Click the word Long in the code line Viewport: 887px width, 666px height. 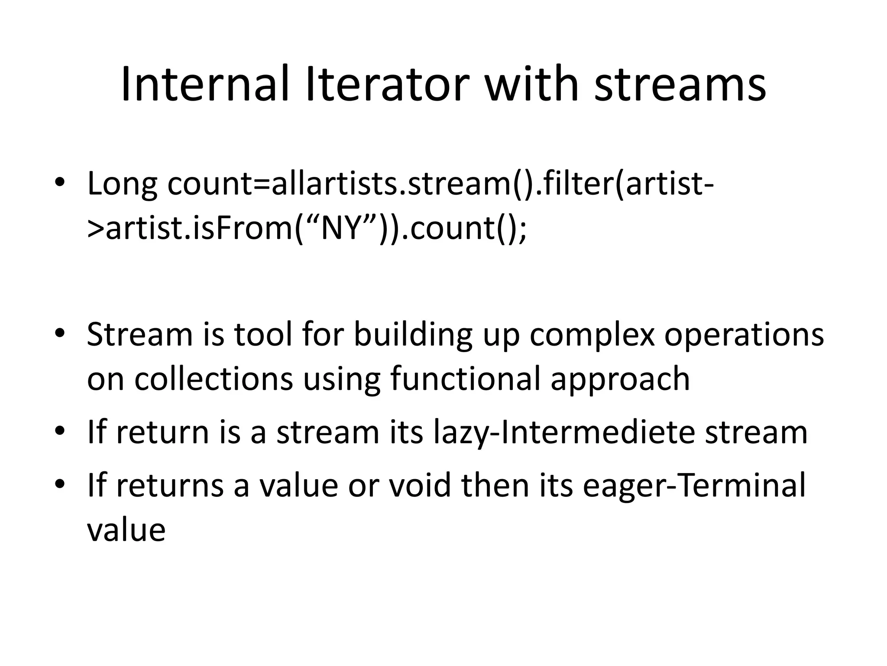pos(122,183)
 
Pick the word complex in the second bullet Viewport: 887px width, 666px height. pos(592,334)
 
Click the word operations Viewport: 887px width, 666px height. pos(744,334)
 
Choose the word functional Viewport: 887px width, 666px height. pos(465,379)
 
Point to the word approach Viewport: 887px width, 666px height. pos(620,379)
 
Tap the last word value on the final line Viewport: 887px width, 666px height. pos(126,529)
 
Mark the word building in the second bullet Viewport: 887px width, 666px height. pos(413,334)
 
